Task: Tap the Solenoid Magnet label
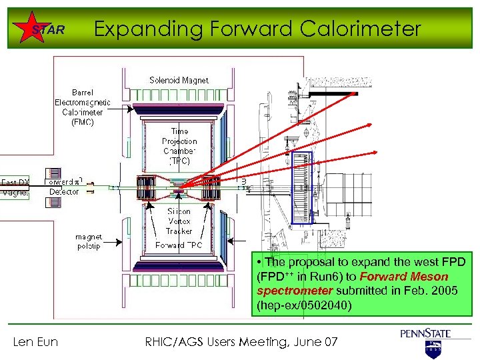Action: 179,81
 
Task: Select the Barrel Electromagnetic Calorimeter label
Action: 83,107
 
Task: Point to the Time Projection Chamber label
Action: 179,146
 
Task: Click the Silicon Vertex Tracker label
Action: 179,221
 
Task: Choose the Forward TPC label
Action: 179,245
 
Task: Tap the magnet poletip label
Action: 89,241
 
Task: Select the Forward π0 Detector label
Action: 64,186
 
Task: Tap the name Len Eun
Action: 36,342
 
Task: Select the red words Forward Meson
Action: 404,277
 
